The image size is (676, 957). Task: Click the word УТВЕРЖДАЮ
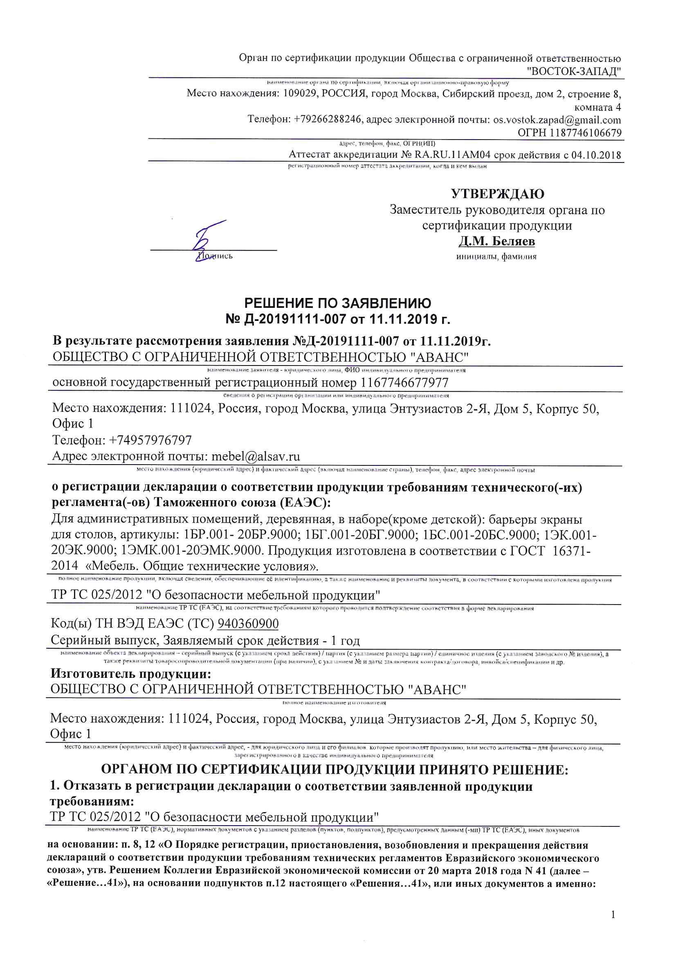497,194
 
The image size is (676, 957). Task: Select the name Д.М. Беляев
497,242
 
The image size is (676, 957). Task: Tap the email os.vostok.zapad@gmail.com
557,120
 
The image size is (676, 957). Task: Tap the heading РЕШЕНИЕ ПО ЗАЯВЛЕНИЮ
338,303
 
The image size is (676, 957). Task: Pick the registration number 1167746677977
404,383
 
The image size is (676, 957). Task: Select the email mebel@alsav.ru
256,456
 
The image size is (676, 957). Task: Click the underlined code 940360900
248,623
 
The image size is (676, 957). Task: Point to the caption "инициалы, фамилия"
496,257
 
